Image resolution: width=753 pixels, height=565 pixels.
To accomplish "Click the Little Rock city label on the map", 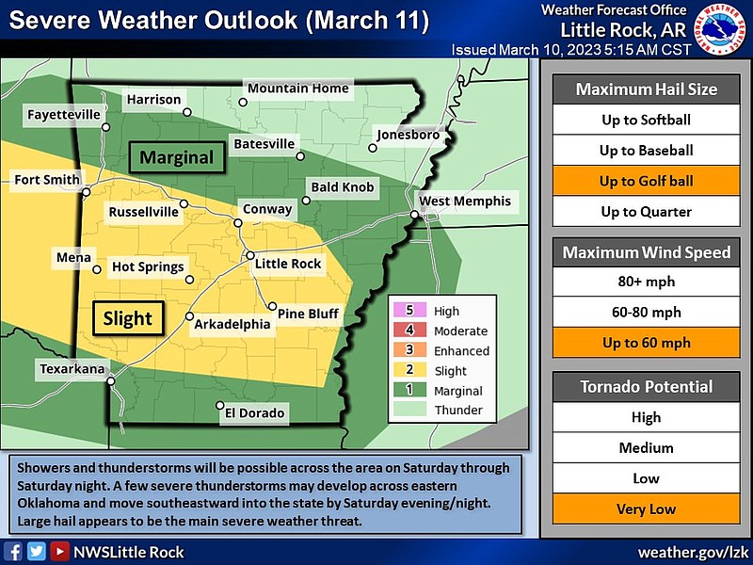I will click(289, 264).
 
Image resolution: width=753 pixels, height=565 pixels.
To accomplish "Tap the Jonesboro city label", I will click(409, 135).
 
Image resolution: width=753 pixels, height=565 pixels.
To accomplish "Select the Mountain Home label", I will click(297, 89).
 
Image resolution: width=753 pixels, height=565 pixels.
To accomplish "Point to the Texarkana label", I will click(72, 369).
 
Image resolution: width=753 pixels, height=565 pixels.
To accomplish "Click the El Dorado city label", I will click(253, 412).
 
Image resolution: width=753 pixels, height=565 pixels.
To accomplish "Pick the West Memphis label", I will click(464, 201).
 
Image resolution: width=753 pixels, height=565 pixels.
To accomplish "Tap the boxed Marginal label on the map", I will click(177, 157).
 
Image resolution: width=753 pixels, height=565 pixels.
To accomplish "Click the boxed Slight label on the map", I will click(127, 317).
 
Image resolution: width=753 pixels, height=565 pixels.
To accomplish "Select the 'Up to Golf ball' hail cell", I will click(646, 181).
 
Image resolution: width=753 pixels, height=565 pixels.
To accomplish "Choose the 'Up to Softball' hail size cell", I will click(646, 120).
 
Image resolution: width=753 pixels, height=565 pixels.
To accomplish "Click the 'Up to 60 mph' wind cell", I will click(646, 343).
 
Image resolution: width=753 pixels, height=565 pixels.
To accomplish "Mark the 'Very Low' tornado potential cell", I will click(646, 508).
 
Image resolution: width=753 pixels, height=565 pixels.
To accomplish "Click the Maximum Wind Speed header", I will click(646, 252).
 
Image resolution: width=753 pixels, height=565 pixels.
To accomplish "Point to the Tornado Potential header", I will click(646, 386).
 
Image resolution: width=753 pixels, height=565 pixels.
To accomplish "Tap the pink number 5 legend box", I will click(409, 311).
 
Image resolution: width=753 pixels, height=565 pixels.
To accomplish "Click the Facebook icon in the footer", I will click(15, 552).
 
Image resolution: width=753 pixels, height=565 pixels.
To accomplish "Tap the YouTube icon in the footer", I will click(59, 552).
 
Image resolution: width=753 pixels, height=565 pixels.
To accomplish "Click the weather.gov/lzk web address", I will click(691, 552).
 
